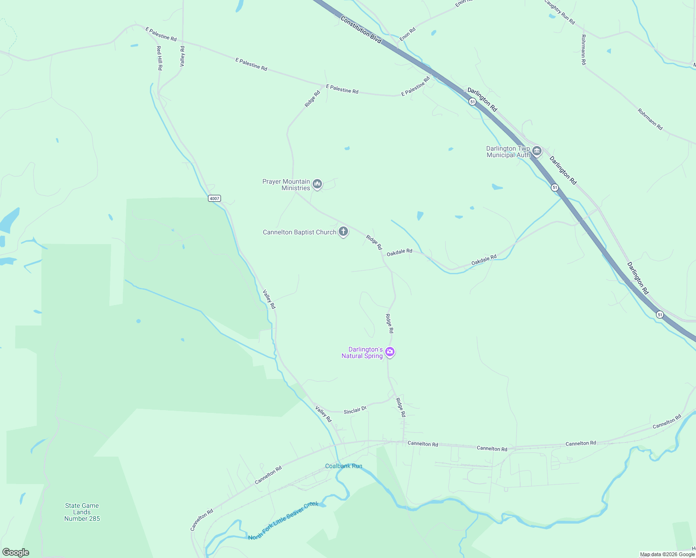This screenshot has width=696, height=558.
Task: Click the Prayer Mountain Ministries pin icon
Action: pos(317,184)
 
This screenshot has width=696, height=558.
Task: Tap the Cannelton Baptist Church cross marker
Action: pos(343,232)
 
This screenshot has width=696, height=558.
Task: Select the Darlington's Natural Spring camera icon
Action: pos(390,352)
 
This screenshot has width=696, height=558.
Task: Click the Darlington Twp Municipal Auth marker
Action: pos(537,151)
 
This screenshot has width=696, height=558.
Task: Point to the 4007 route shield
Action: pos(214,199)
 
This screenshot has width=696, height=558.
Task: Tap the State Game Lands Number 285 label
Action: pos(82,512)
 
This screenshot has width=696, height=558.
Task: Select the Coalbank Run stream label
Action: pos(343,466)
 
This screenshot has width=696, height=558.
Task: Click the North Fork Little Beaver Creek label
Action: pos(283,521)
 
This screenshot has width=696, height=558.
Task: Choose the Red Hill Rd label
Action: pos(159,58)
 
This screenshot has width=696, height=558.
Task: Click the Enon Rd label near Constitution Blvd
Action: pos(408,34)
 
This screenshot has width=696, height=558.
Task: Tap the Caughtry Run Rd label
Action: pos(560,12)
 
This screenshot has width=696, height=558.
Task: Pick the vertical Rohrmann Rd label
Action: pos(583,49)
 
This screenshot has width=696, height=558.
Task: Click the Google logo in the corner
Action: pos(16,552)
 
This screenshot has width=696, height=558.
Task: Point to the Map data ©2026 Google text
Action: pos(667,554)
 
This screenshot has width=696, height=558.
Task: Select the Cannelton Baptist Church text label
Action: pos(299,232)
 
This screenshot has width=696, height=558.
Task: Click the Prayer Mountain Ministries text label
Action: pos(286,185)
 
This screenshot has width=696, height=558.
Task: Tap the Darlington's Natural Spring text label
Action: pos(362,352)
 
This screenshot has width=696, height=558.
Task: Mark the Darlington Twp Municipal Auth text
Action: pos(508,152)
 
